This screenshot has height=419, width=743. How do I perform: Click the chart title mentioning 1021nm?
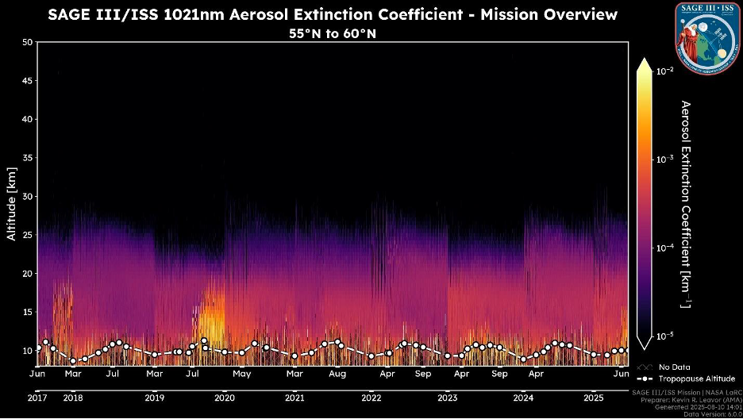(x=333, y=15)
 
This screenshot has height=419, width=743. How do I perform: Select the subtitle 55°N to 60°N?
(x=333, y=34)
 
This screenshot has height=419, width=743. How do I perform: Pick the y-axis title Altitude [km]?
(x=12, y=204)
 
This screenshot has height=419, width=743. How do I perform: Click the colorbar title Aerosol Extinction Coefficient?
(x=687, y=204)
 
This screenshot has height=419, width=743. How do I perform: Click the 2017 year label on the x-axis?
(x=37, y=398)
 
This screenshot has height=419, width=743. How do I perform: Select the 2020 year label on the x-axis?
(x=225, y=398)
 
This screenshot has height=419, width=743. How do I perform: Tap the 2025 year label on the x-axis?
(x=594, y=398)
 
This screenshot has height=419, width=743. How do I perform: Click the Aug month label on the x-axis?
(x=337, y=373)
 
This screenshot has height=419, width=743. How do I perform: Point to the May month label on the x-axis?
(x=241, y=373)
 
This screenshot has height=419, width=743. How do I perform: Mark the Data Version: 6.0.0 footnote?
(x=712, y=414)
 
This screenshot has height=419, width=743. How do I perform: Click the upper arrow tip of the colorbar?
(x=644, y=60)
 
